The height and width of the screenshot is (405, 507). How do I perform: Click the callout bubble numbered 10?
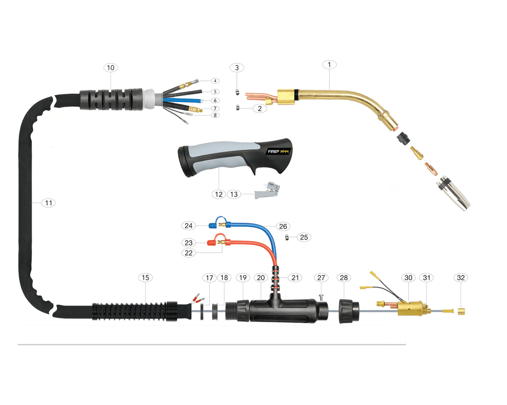pyautogui.click(x=111, y=68)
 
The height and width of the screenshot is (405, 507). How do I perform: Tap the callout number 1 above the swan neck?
pyautogui.click(x=329, y=64)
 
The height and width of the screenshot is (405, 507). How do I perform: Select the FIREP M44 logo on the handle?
pyautogui.click(x=278, y=151)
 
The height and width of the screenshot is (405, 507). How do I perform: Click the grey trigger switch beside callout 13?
pyautogui.click(x=267, y=190)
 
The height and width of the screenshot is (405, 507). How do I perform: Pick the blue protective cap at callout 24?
pyautogui.click(x=213, y=226)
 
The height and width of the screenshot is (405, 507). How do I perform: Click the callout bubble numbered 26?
pyautogui.click(x=283, y=226)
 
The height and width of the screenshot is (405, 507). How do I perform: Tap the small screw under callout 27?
pyautogui.click(x=321, y=297)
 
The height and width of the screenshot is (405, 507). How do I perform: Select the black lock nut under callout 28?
pyautogui.click(x=349, y=311)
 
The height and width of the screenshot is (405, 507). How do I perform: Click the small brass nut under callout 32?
pyautogui.click(x=461, y=311)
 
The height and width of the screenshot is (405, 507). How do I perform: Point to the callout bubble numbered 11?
pyautogui.click(x=48, y=203)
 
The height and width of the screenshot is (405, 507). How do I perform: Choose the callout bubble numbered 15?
pyautogui.click(x=145, y=278)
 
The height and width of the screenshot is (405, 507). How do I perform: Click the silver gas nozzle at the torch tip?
pyautogui.click(x=453, y=194)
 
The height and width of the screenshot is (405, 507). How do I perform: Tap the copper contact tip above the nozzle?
pyautogui.click(x=431, y=169)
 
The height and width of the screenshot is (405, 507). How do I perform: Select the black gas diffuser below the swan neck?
pyautogui.click(x=403, y=138)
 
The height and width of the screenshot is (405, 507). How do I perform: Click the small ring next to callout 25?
pyautogui.click(x=287, y=237)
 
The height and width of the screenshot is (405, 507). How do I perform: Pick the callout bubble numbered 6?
pyautogui.click(x=215, y=101)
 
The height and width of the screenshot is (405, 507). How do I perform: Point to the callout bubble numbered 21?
pyautogui.click(x=295, y=278)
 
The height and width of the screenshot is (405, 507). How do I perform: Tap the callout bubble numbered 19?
pyautogui.click(x=243, y=278)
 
